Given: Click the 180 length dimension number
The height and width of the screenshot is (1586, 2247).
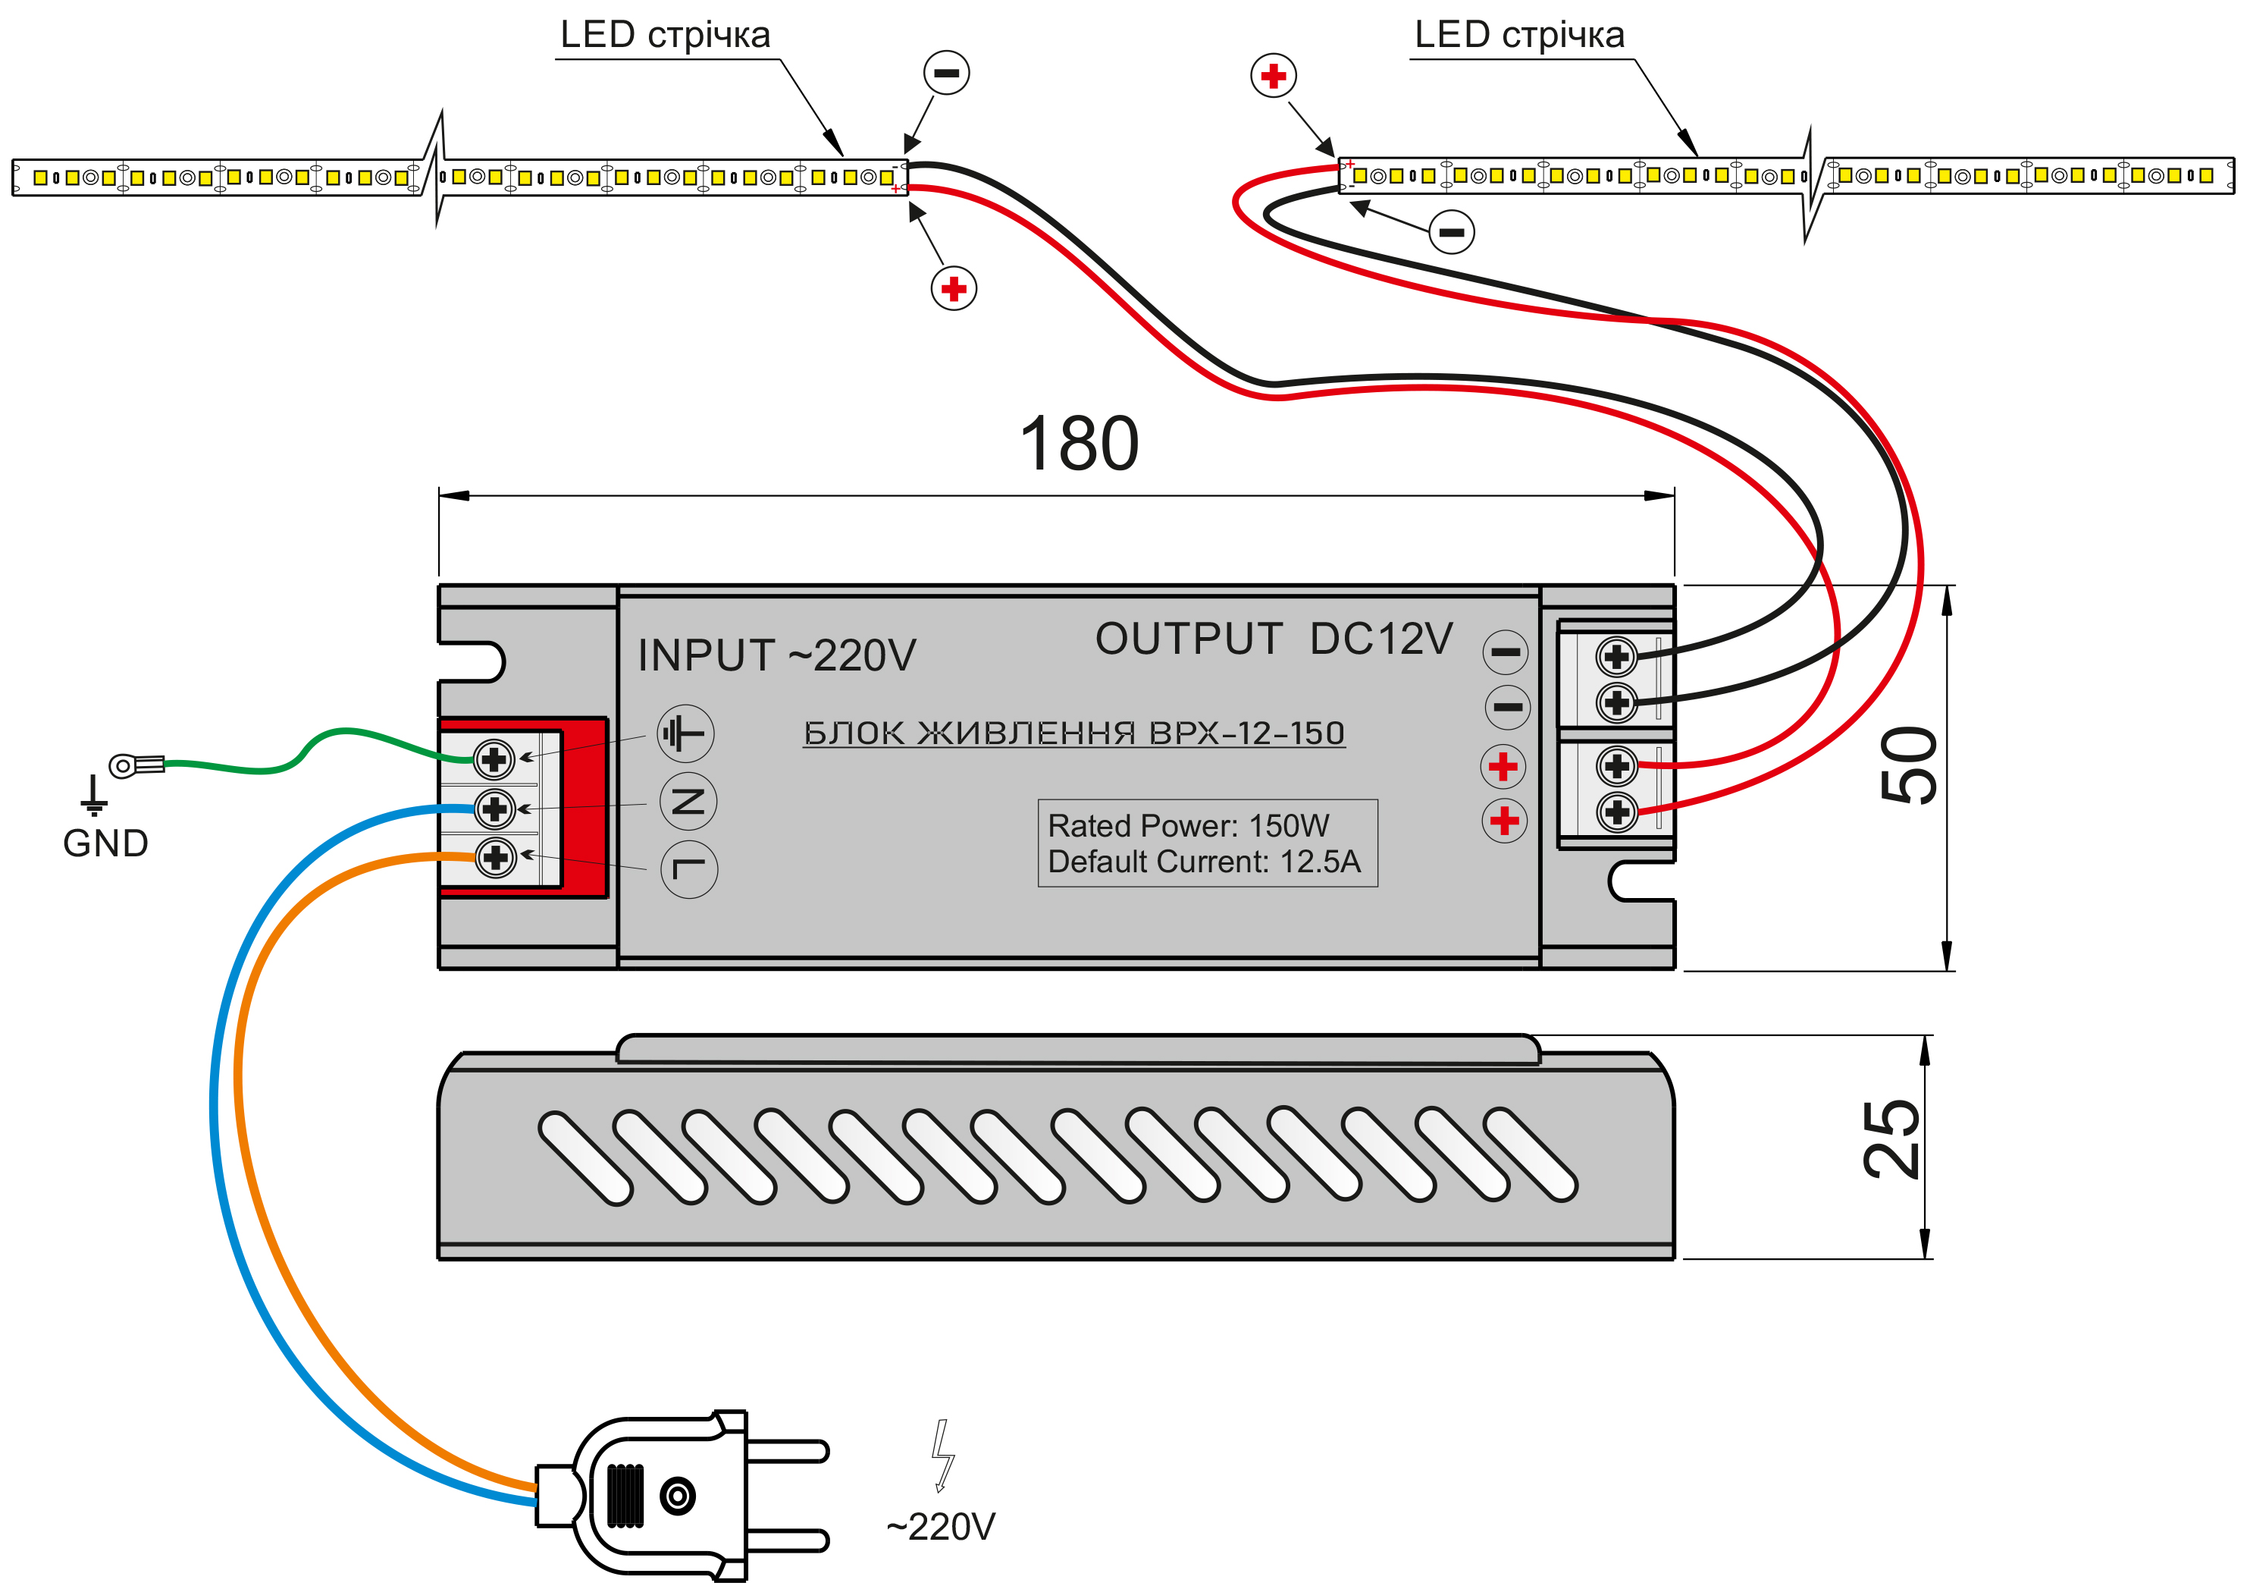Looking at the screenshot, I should click(x=1079, y=444).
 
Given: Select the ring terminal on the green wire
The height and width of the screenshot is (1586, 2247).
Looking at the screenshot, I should click(x=135, y=765).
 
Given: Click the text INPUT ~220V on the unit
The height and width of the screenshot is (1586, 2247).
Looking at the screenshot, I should click(x=776, y=656).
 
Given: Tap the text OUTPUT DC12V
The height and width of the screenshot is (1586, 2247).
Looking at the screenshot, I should click(x=1274, y=639).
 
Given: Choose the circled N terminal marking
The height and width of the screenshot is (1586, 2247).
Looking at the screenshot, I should click(x=688, y=802).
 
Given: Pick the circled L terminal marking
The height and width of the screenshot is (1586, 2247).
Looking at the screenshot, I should click(x=689, y=869).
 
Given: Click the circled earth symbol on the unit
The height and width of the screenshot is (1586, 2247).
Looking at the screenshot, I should click(x=685, y=733).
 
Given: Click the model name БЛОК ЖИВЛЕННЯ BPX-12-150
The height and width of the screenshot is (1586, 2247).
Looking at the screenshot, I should click(x=1073, y=733).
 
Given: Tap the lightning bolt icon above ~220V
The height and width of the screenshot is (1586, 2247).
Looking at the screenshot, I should click(x=942, y=1455).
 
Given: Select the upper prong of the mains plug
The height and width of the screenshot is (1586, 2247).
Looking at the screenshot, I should click(x=788, y=1451).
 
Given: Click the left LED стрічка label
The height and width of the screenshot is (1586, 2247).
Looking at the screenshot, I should click(x=665, y=35).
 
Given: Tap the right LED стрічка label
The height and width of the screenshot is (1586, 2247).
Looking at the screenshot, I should click(x=1519, y=35).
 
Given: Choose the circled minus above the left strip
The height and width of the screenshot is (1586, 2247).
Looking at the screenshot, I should click(x=946, y=73).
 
